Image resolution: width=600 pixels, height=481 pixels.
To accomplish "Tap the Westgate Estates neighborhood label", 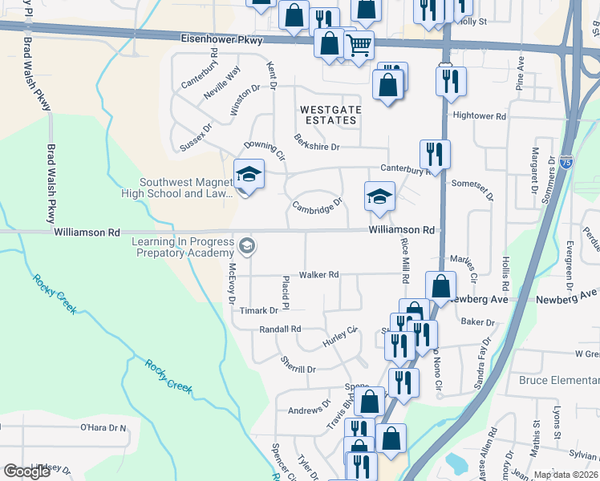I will coord(327,115).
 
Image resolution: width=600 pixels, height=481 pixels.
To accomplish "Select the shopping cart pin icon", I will coord(359,46).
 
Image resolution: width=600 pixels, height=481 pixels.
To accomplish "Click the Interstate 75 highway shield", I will coord(566,163).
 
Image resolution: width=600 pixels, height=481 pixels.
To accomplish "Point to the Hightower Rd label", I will coord(480,116).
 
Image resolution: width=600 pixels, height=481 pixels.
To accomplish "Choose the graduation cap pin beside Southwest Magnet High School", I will coord(249,175).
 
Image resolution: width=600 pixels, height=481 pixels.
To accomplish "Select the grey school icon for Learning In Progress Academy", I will coord(248,245).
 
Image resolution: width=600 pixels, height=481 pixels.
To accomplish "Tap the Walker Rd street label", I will coord(318,274).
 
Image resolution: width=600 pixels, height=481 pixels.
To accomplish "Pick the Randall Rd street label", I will coord(280,329).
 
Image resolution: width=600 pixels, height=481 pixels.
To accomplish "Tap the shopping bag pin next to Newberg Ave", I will coord(441,285).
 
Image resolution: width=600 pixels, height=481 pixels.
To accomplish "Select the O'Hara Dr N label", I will coord(103,428).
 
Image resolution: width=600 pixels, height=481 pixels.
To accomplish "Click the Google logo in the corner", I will coord(27,471).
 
